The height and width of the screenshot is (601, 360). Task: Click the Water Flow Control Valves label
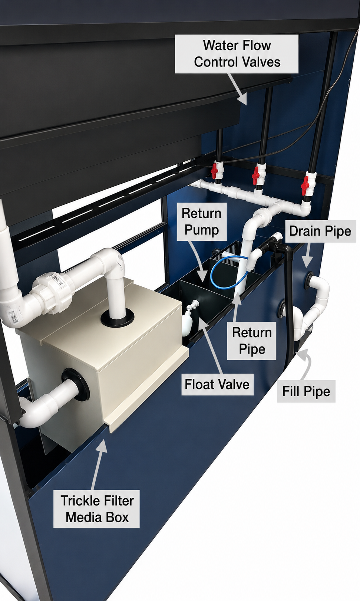click(x=237, y=54)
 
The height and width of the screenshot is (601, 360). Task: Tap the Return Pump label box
click(x=202, y=221)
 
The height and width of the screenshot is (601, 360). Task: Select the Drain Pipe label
click(x=320, y=231)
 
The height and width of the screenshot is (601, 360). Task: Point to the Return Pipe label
click(x=252, y=341)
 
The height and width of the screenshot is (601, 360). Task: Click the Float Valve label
click(x=217, y=384)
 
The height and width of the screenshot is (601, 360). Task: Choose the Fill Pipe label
click(x=306, y=391)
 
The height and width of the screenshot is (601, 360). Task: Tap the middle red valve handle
click(x=255, y=177)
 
